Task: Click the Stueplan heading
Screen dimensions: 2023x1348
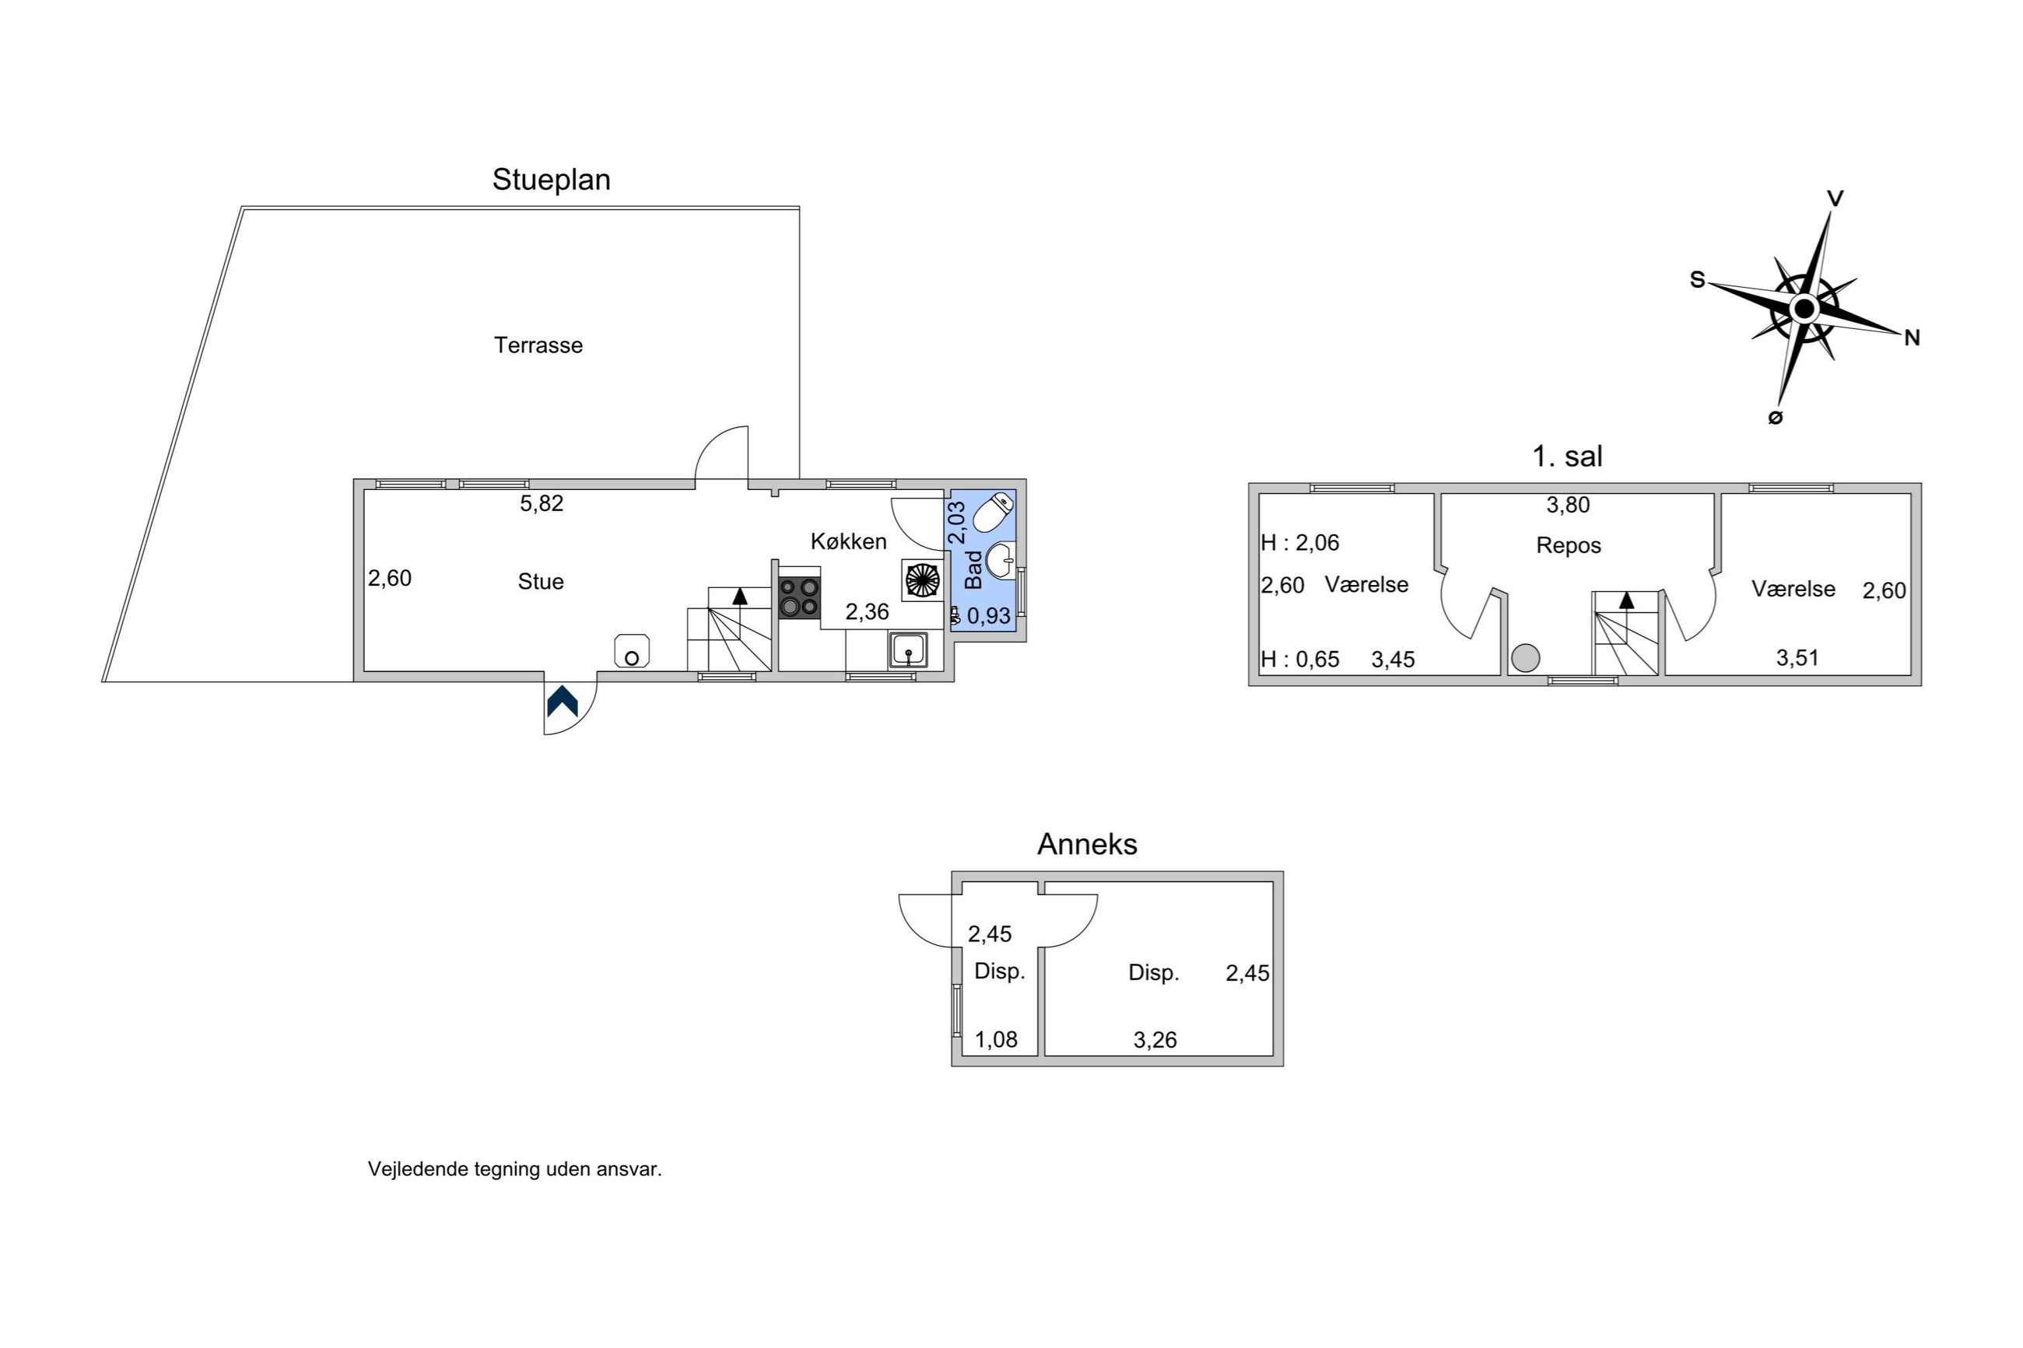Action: (x=551, y=180)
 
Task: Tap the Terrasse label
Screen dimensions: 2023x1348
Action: (x=538, y=345)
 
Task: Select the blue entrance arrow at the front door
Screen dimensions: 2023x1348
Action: (x=563, y=702)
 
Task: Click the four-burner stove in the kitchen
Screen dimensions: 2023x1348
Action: (x=799, y=597)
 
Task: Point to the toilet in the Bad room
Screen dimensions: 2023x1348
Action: (x=993, y=513)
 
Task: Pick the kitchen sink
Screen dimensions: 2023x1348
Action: (x=908, y=650)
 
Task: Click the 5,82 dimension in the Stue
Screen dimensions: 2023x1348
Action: (x=542, y=504)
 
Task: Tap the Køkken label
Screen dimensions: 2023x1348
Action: (x=849, y=541)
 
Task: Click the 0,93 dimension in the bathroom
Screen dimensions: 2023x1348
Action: (x=989, y=615)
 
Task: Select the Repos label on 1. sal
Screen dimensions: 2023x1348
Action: (x=1568, y=546)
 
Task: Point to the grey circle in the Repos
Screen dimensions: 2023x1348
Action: (x=1525, y=659)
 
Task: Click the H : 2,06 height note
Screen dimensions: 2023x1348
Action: (x=1300, y=542)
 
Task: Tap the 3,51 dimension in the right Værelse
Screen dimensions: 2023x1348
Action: (x=1797, y=658)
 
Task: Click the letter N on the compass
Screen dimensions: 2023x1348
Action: (x=1912, y=338)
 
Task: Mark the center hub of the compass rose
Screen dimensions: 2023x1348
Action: (x=1804, y=308)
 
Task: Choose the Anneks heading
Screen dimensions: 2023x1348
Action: (x=1087, y=844)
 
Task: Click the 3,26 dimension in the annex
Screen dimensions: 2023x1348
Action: (x=1155, y=1040)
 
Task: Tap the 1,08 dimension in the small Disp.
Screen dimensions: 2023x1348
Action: (x=996, y=1040)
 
